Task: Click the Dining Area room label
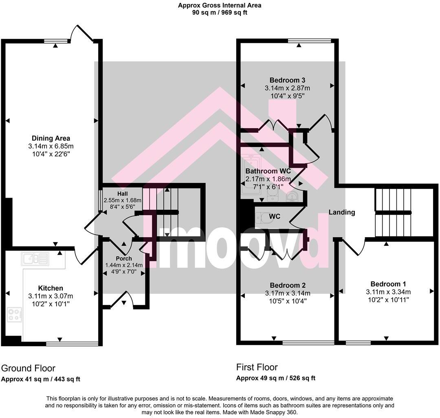51,138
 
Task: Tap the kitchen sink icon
35,258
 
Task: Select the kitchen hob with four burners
15,315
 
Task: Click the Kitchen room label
51,288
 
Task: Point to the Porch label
124,258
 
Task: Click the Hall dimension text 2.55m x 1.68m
122,200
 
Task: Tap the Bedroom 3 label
287,80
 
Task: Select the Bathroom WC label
268,171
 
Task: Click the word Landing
342,212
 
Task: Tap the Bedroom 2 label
287,285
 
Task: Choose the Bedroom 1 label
388,284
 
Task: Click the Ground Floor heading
28,368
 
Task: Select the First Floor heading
257,367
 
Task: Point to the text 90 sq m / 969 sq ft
220,12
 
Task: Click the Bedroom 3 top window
309,40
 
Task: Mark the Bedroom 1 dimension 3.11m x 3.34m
388,292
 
